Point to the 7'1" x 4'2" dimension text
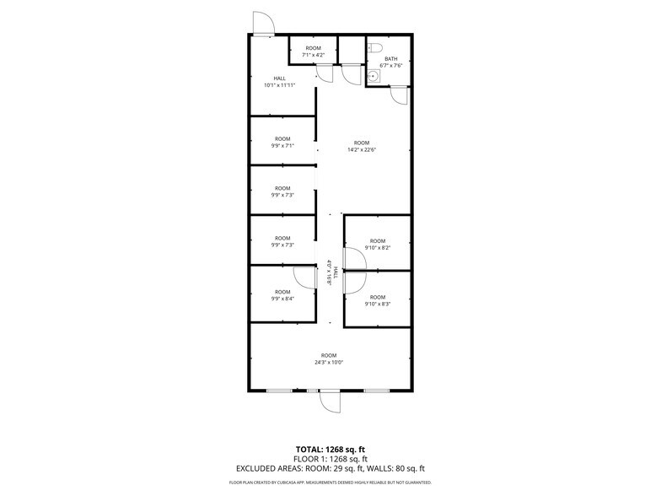(314, 55)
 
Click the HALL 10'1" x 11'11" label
(279, 82)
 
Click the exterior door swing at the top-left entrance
(262, 24)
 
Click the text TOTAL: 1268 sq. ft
(330, 449)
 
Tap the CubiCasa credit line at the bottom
(330, 483)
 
